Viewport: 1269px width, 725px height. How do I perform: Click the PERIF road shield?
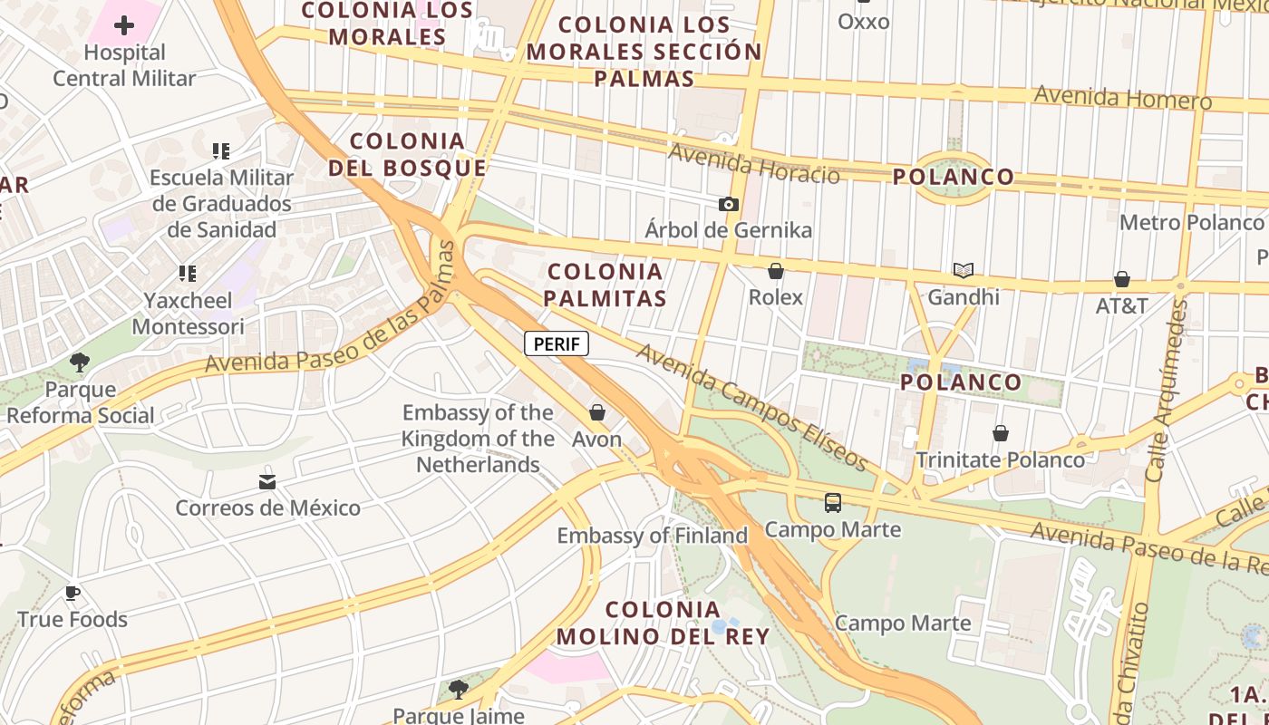(557, 343)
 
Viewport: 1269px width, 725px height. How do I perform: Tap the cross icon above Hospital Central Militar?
(124, 25)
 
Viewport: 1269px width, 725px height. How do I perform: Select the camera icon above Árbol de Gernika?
(728, 205)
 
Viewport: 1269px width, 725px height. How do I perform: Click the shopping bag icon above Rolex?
(776, 271)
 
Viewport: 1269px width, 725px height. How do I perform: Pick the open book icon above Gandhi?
(963, 271)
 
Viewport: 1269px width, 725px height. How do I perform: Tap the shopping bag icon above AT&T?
(1122, 279)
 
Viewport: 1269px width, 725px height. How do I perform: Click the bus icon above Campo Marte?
(833, 503)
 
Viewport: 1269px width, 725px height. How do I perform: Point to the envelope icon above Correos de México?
(267, 481)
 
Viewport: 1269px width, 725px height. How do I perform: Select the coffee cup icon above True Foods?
(73, 594)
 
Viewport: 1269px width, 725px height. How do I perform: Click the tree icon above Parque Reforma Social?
(80, 363)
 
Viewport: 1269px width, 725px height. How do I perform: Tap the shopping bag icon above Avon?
(597, 413)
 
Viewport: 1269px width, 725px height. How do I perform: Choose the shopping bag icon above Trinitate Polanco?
(1001, 434)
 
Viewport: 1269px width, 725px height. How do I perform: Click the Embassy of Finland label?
(652, 536)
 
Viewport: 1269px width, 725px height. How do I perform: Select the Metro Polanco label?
(1191, 222)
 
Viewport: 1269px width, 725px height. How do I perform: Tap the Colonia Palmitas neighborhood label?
(606, 284)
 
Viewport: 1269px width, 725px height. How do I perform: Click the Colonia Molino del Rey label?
(663, 623)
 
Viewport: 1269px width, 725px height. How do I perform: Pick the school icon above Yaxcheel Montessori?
(188, 273)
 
